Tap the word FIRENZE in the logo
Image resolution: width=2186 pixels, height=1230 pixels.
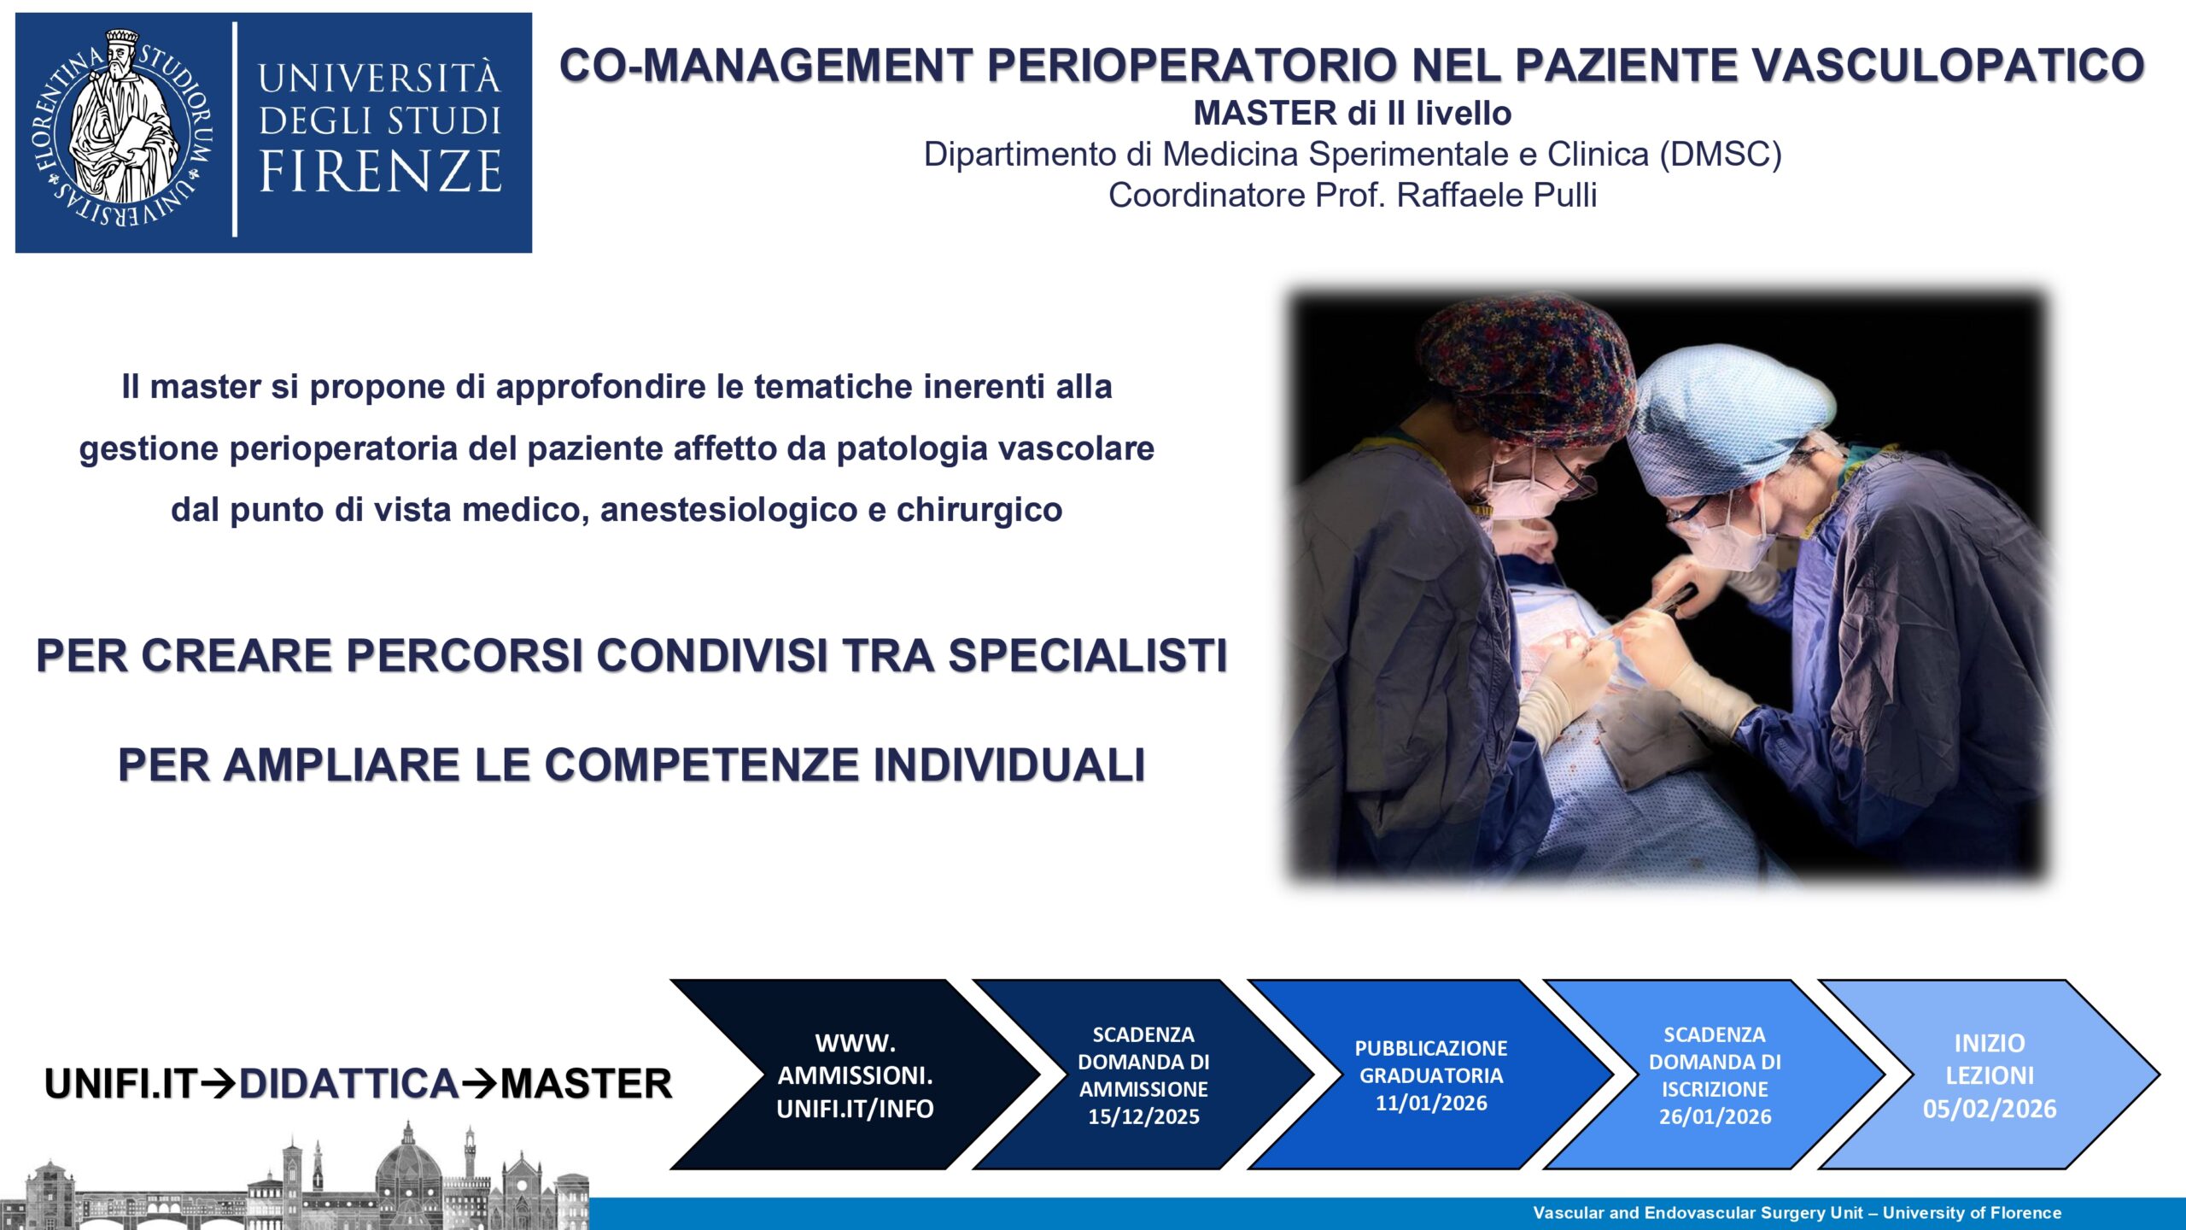tap(381, 171)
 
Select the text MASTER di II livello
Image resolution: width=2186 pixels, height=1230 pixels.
tap(1353, 113)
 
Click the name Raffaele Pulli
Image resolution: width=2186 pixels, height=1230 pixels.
tap(1496, 195)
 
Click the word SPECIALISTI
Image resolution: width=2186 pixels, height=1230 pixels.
tap(1087, 656)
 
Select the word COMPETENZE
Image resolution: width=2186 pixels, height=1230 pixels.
tap(701, 764)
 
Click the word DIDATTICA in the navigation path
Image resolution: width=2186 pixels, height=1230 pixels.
tap(348, 1084)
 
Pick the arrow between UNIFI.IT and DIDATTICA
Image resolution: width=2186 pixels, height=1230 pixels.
tap(218, 1084)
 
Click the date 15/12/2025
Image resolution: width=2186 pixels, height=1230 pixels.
tap(1143, 1116)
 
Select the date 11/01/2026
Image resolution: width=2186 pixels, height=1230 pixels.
tap(1431, 1103)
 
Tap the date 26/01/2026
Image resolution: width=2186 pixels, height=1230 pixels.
tap(1715, 1116)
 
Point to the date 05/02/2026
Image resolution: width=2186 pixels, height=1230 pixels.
tap(1990, 1109)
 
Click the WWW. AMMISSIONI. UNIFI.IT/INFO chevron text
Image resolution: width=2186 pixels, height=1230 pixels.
tap(855, 1075)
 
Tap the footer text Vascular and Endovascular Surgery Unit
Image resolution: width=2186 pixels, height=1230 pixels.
tap(1698, 1213)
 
